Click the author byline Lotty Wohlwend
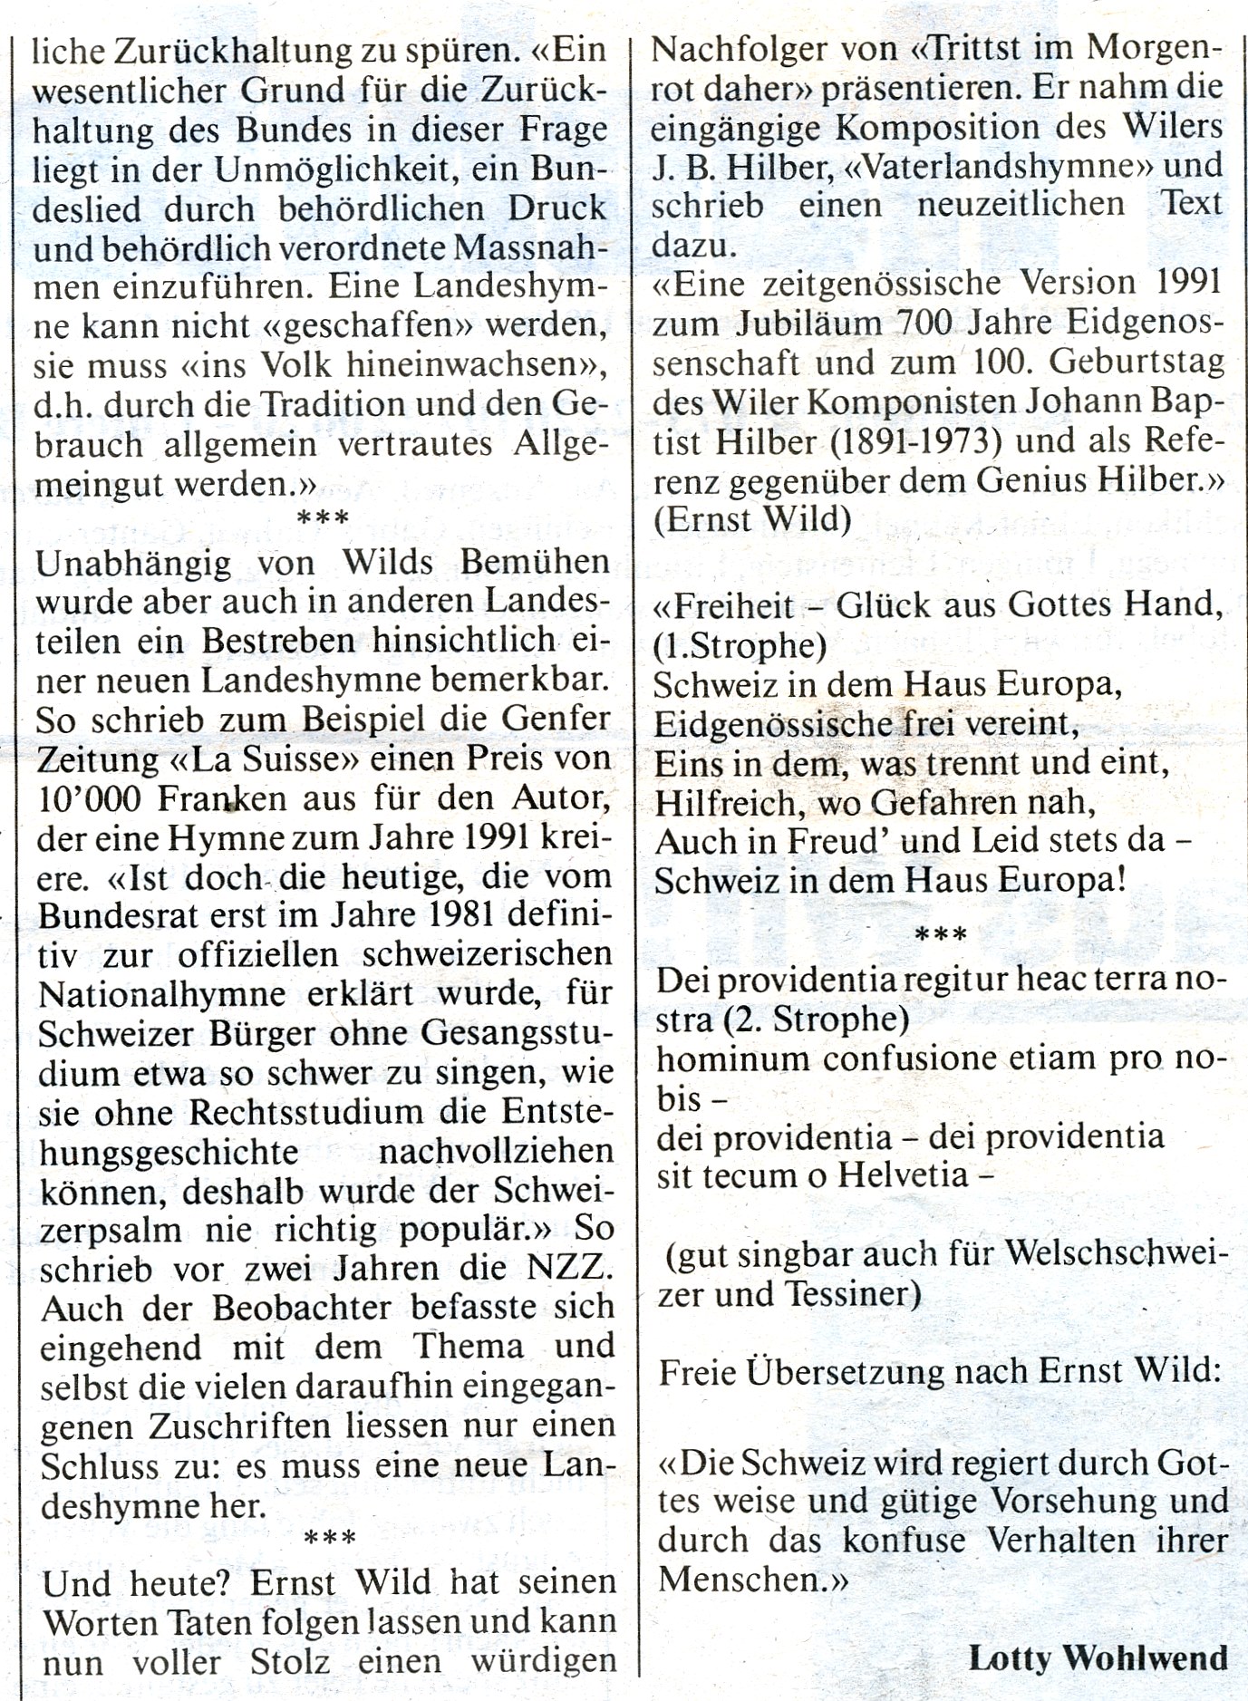click(1098, 1658)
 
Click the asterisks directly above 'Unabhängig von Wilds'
click(323, 520)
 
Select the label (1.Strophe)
click(738, 645)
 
